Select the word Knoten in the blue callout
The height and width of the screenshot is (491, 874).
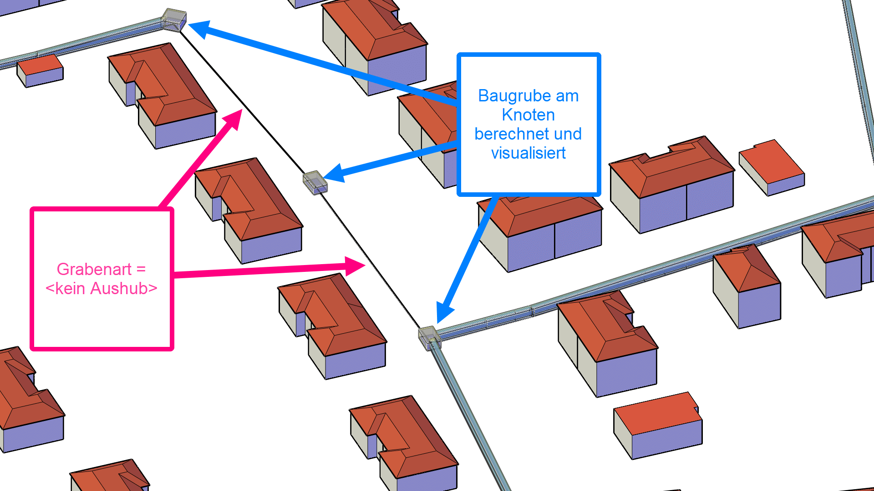[528, 115]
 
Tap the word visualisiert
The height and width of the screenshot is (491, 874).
[528, 153]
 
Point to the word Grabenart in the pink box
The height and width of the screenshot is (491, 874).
[94, 269]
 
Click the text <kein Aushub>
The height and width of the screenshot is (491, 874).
[101, 288]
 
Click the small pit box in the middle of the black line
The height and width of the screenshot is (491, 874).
[315, 182]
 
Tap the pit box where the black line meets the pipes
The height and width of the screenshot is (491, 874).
[429, 337]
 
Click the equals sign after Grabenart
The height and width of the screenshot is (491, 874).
[141, 269]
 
